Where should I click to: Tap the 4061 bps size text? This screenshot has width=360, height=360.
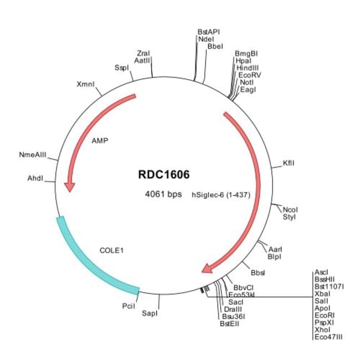tap(163, 194)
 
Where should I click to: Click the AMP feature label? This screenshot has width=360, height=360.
tap(100, 140)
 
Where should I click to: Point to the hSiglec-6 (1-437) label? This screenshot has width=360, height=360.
tap(218, 194)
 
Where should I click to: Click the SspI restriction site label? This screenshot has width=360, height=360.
tap(121, 68)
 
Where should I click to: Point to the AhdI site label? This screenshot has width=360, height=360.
tap(35, 178)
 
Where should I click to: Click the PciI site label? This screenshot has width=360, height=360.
tap(128, 305)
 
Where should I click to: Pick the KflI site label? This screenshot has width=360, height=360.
tap(289, 163)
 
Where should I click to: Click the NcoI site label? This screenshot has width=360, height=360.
tap(290, 210)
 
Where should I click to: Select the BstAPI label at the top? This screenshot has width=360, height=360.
tap(209, 32)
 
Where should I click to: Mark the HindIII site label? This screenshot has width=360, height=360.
tap(247, 68)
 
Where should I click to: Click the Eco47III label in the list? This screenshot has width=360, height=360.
tap(328, 336)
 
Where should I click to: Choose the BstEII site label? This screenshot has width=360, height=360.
tap(229, 323)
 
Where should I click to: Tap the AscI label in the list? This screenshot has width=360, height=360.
tap(321, 272)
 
